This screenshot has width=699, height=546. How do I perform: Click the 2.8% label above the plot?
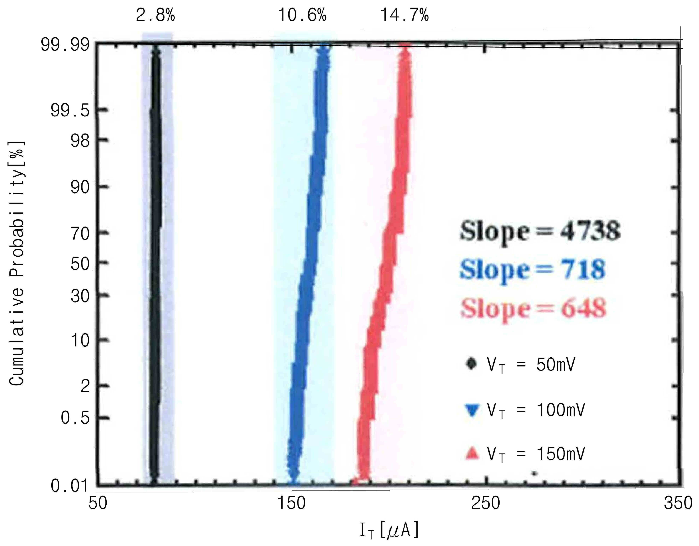[156, 15]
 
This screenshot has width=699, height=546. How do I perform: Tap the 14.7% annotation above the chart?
[405, 15]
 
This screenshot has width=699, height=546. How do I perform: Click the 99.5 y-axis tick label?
[70, 111]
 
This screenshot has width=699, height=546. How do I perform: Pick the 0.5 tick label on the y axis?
[75, 418]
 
